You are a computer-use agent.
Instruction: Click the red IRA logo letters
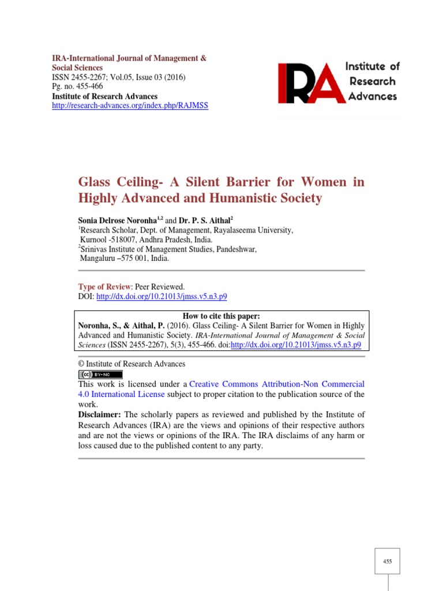(x=311, y=83)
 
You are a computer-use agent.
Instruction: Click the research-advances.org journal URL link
(x=130, y=106)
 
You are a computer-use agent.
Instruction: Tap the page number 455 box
(x=387, y=561)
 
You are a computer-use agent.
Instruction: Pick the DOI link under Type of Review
(x=162, y=297)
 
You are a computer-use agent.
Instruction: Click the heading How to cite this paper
(x=221, y=316)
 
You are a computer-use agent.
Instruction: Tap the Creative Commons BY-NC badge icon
(x=100, y=375)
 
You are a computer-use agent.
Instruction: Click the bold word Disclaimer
(x=99, y=415)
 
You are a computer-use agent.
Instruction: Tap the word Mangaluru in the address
(x=99, y=259)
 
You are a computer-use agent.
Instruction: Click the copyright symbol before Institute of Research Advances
(x=81, y=364)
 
